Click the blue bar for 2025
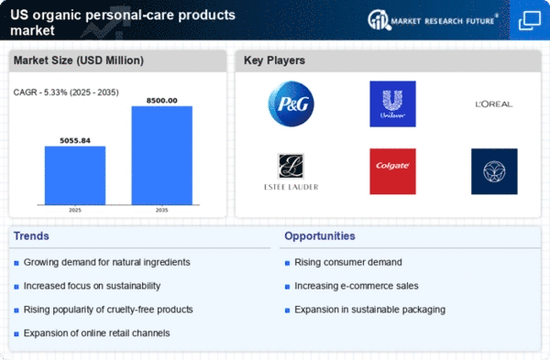coord(75,175)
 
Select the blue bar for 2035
coord(161,156)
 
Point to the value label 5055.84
coord(75,140)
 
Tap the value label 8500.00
coord(161,101)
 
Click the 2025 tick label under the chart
coord(75,210)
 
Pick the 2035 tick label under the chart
coord(161,210)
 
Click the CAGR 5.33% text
coord(66,93)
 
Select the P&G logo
coord(291,104)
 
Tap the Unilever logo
coord(392,104)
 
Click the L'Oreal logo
coord(494,104)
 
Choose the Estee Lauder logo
coord(291,172)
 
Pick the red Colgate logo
coord(392,171)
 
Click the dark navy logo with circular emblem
coord(494,171)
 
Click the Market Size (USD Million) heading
coord(79,60)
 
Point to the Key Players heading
coord(274,60)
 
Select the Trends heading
coord(31,236)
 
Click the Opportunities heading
coord(320,236)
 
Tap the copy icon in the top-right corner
coord(530,20)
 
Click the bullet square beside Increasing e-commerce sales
coord(287,287)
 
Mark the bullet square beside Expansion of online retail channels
coord(16,334)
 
